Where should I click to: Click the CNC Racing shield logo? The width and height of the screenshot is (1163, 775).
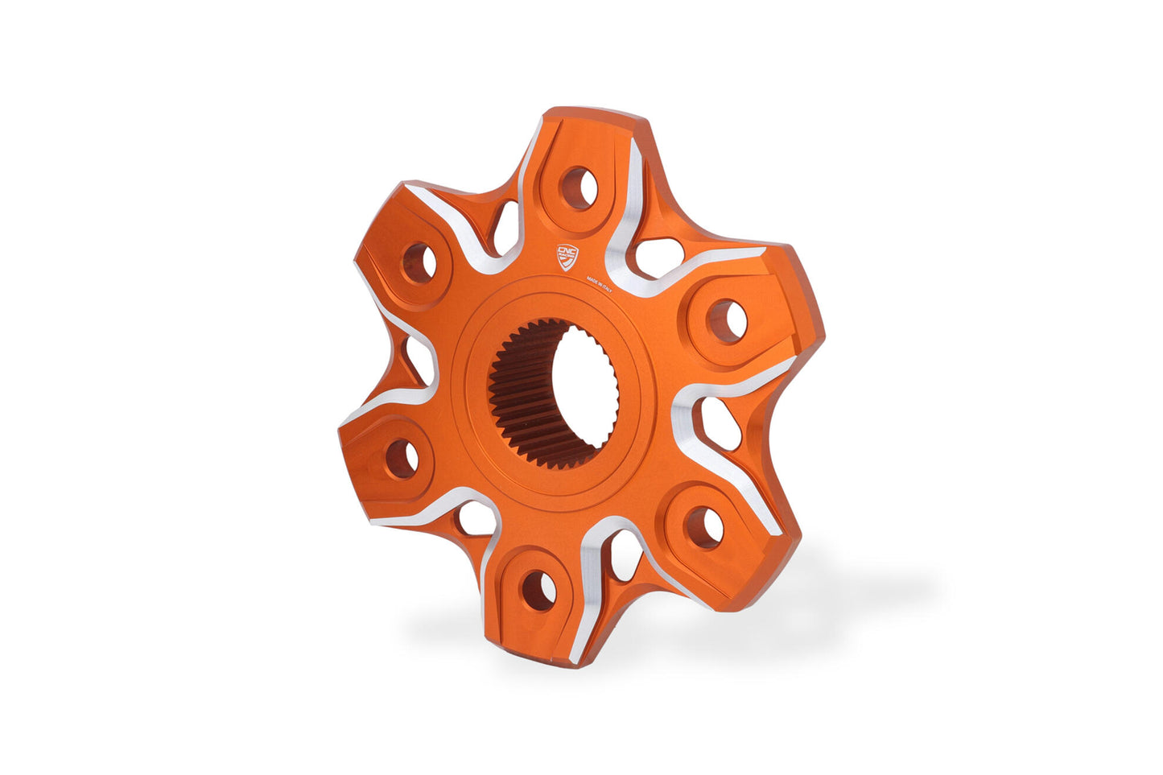567,257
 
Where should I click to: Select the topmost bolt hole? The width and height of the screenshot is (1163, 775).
579,188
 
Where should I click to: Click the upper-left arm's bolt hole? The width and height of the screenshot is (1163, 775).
419,263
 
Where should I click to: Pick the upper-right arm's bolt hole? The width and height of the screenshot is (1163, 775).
727,320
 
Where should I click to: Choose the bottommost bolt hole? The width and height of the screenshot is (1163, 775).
538,592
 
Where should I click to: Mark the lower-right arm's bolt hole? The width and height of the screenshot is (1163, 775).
703,527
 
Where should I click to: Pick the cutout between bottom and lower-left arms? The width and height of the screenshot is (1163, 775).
474,519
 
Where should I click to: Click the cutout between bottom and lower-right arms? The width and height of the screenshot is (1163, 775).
625,555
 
